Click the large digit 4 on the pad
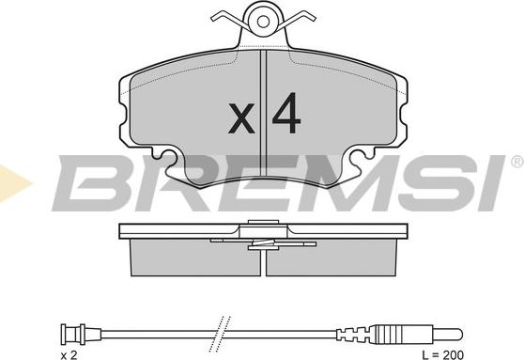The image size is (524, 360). (x=286, y=113)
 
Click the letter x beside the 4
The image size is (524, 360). (x=241, y=118)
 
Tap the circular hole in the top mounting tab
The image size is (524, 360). (x=263, y=22)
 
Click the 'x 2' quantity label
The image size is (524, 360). (x=69, y=354)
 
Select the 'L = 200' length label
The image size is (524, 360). (x=443, y=354)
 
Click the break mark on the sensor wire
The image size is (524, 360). (x=220, y=334)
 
